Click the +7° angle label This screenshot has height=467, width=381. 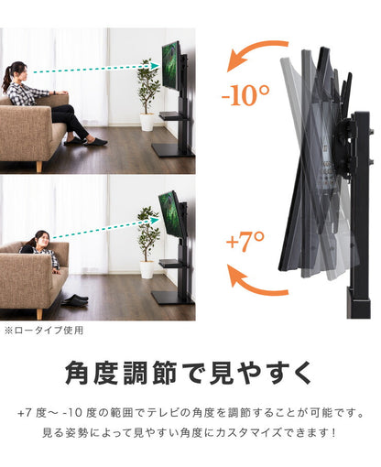coord(244,243)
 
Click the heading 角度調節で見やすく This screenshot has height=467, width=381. coord(190,372)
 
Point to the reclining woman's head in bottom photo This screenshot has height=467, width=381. coord(40,240)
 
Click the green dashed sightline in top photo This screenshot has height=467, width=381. coord(92,69)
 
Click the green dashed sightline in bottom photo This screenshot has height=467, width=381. coord(101,233)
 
